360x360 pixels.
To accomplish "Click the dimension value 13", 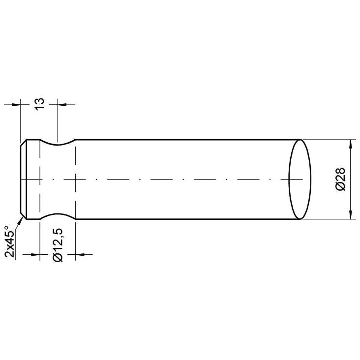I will [40, 103].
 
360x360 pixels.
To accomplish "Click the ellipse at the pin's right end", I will [300, 180].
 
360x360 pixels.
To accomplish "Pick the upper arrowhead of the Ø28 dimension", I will [350, 144].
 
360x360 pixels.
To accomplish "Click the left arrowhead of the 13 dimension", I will [17, 104].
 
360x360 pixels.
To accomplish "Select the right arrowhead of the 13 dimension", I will [62, 104].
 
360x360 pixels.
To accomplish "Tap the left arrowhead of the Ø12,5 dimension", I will [35, 255].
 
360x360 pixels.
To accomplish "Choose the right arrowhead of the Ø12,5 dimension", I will [80, 255].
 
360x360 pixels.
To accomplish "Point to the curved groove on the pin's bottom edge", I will [58, 215].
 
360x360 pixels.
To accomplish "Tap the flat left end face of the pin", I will [21, 180].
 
